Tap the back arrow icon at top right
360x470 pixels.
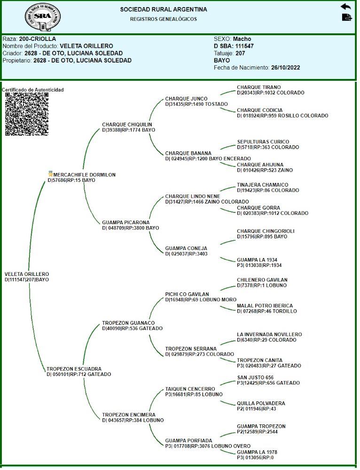(x=346, y=7)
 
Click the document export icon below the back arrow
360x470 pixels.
(x=346, y=17)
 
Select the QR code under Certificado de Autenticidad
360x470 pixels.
(x=27, y=114)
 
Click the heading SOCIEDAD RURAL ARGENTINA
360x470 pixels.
(x=163, y=9)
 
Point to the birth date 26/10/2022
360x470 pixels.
(x=285, y=68)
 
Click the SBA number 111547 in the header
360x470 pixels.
(x=244, y=46)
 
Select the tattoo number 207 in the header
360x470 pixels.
(x=241, y=53)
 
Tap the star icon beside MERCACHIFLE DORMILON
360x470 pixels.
(x=50, y=174)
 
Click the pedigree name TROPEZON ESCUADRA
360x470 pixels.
(x=74, y=369)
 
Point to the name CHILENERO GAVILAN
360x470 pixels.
(x=262, y=280)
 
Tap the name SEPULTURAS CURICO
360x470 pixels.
(x=263, y=142)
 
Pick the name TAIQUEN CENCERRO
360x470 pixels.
(x=190, y=389)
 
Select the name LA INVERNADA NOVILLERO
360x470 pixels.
(x=269, y=335)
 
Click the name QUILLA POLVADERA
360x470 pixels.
(x=261, y=403)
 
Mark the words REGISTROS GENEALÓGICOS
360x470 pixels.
(x=163, y=19)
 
